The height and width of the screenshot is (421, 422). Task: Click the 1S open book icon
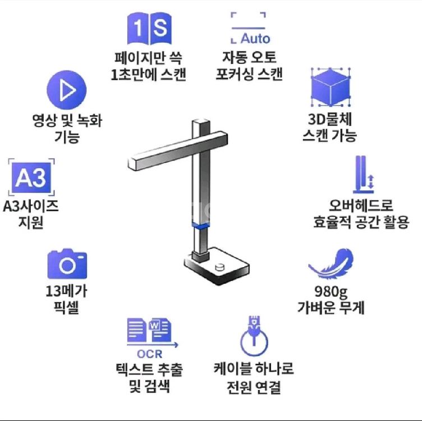(149, 28)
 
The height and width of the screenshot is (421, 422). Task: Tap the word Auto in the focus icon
(255, 39)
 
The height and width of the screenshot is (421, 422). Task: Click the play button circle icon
(66, 90)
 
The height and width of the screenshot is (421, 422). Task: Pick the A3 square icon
(31, 177)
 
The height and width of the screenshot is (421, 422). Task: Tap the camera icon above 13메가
(67, 264)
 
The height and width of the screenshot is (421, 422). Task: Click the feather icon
(331, 264)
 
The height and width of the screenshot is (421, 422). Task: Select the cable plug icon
(254, 336)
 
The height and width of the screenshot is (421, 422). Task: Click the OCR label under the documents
(150, 354)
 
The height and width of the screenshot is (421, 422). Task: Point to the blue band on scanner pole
(201, 226)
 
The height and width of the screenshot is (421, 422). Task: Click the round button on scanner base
(220, 267)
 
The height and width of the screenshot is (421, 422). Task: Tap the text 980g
(331, 291)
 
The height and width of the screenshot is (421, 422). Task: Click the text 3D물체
(330, 119)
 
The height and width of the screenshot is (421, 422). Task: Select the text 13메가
(66, 291)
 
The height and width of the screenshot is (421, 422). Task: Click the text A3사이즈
(31, 207)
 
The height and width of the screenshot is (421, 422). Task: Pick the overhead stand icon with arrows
(364, 175)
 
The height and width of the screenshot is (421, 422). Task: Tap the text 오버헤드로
(361, 206)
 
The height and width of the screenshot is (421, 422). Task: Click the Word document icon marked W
(160, 330)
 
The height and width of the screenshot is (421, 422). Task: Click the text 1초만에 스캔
(148, 74)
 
